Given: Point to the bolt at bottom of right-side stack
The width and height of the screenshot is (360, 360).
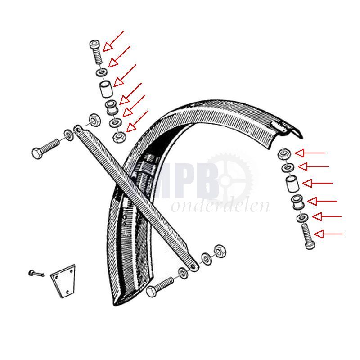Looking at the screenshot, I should tap(308, 236).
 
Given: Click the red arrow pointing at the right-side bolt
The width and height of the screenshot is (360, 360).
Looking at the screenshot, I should tap(328, 234).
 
